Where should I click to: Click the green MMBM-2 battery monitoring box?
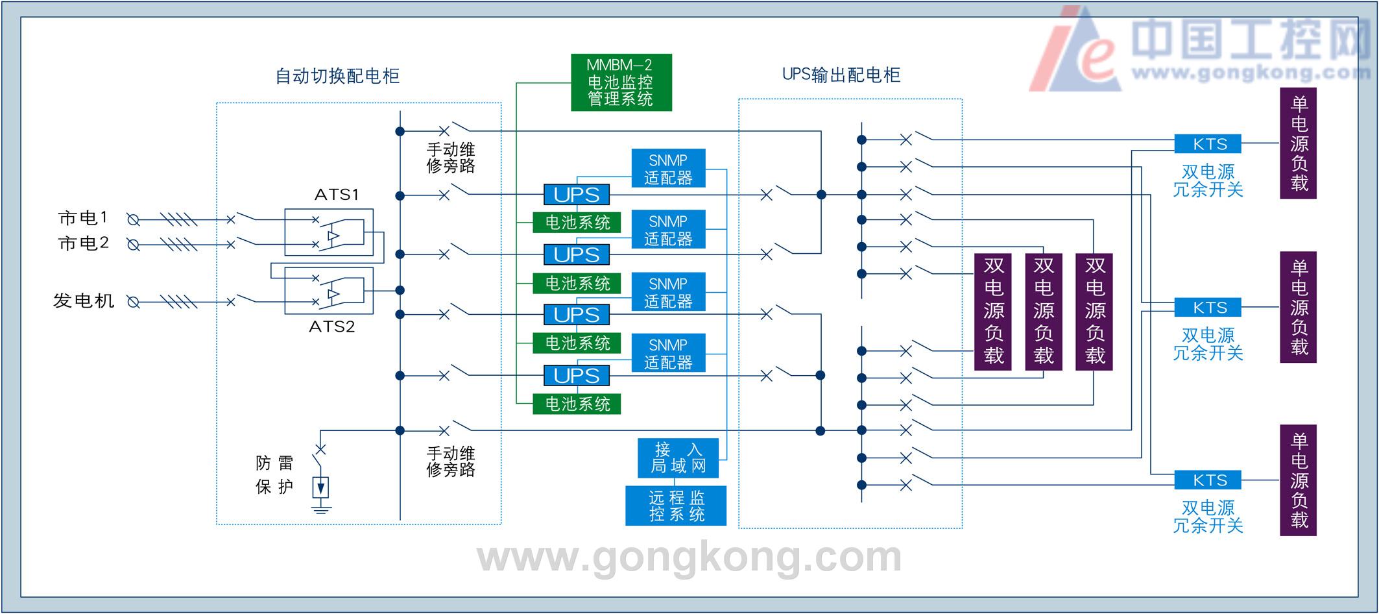(621, 82)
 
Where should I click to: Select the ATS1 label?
(337, 195)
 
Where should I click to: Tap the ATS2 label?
(331, 326)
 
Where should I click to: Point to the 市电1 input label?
(83, 218)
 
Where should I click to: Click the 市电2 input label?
(83, 243)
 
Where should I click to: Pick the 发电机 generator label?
(83, 301)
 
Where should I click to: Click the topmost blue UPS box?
(576, 195)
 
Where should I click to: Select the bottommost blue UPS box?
(576, 376)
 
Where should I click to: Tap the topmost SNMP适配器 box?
(668, 169)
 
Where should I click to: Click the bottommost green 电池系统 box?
(576, 404)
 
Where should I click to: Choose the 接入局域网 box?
(678, 458)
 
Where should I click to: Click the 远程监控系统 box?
(676, 506)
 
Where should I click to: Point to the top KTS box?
(1207, 144)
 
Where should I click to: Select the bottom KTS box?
(1207, 480)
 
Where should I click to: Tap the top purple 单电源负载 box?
(1298, 143)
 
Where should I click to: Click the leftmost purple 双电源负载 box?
(993, 312)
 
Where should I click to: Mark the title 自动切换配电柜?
(337, 76)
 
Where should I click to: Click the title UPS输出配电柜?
(841, 75)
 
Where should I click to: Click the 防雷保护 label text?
(274, 475)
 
